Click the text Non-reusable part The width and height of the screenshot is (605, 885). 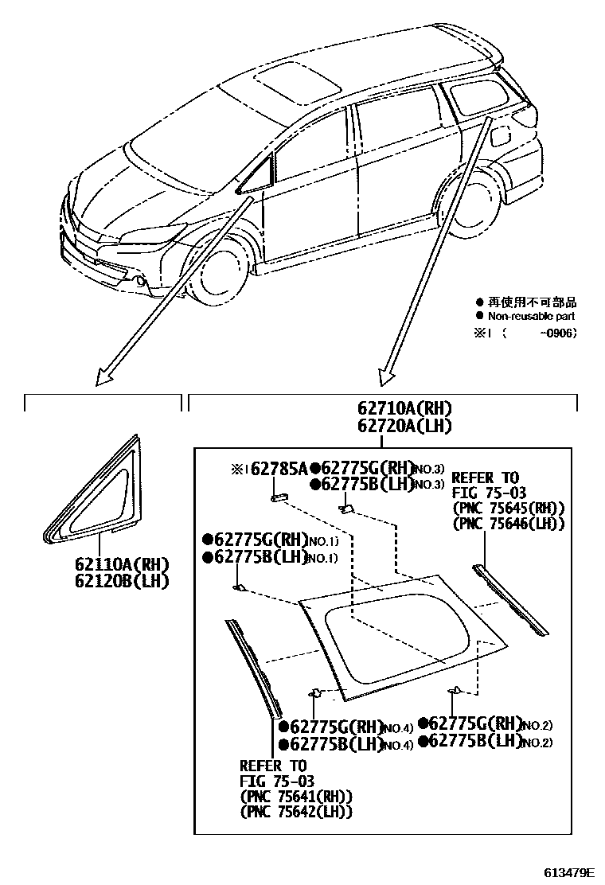pos(532,316)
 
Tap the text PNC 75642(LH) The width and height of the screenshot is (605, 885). pos(296,811)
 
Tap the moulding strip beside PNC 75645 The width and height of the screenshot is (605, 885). pos(509,599)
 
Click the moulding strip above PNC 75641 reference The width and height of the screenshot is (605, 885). pos(255,665)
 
